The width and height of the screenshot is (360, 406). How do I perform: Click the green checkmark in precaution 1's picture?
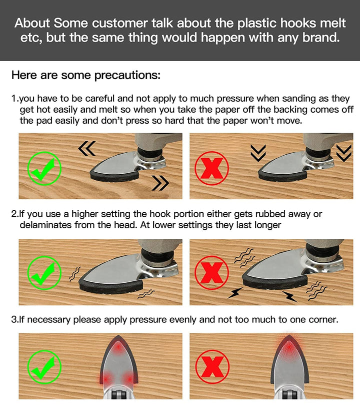click(x=44, y=169)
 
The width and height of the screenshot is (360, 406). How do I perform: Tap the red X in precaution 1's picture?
click(x=211, y=169)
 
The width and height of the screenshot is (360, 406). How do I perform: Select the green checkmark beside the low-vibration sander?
click(x=44, y=273)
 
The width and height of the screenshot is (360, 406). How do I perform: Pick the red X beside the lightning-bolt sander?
click(x=211, y=273)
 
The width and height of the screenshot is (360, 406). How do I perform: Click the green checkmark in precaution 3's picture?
click(x=44, y=367)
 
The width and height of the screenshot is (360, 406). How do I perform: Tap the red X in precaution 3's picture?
click(x=212, y=367)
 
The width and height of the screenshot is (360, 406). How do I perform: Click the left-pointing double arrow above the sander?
click(x=87, y=148)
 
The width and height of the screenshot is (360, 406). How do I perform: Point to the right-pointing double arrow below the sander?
click(x=160, y=183)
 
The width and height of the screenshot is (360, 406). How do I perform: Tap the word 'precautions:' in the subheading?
click(x=127, y=76)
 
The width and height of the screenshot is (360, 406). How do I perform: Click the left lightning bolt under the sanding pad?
click(x=235, y=293)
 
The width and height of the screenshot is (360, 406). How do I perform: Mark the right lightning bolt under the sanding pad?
click(x=289, y=296)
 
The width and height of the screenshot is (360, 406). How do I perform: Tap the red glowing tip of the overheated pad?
click(x=289, y=345)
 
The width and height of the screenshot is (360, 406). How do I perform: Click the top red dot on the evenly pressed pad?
click(x=117, y=347)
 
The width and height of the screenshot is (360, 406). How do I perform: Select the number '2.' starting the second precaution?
click(x=15, y=214)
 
